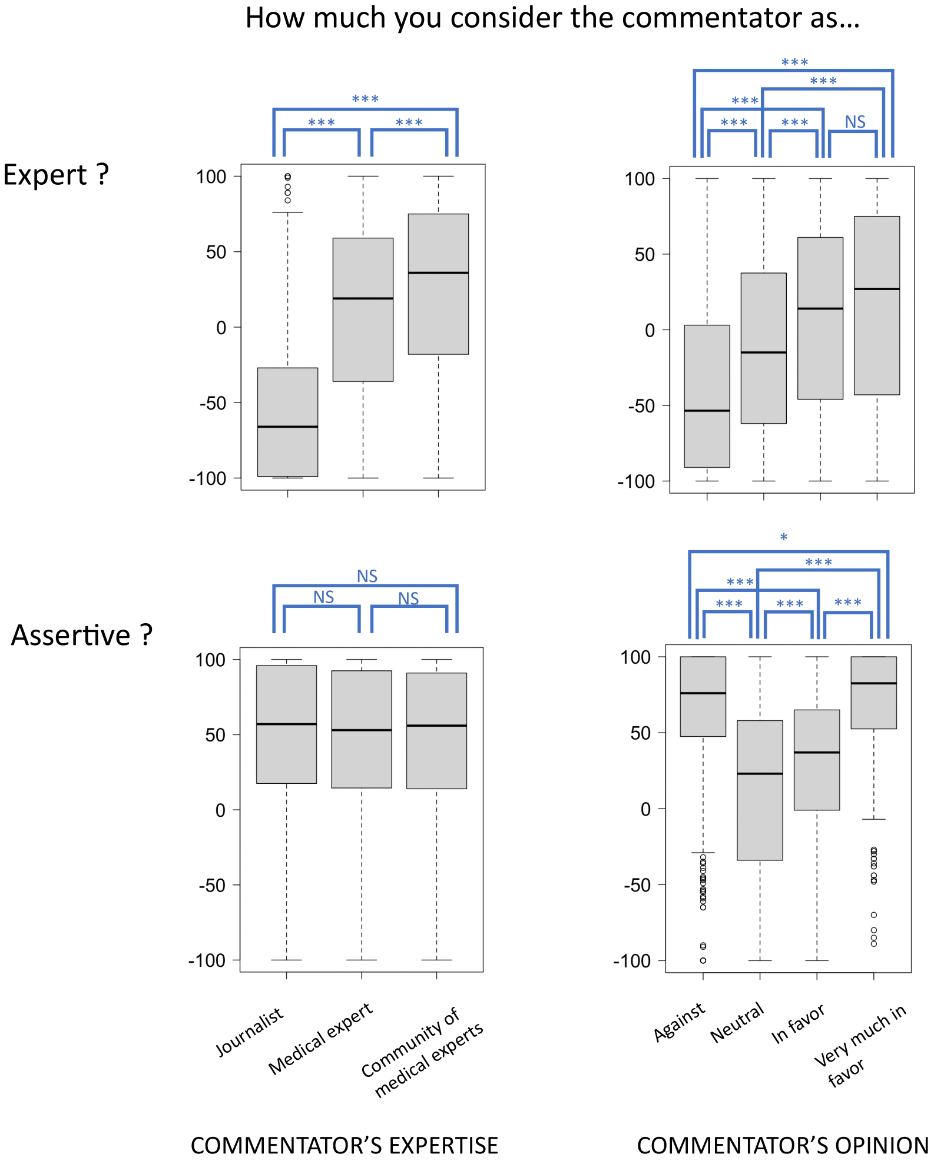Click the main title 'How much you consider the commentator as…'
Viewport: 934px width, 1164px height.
click(552, 18)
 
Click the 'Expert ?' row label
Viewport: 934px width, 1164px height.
click(56, 175)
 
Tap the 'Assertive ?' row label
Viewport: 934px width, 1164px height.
click(82, 636)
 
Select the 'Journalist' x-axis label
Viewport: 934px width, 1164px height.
click(250, 1032)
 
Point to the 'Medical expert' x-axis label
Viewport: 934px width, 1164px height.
click(320, 1038)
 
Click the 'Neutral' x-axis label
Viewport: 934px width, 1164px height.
click(737, 1023)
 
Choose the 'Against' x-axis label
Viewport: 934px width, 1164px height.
click(679, 1022)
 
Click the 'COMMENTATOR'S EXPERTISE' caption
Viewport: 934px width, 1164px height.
click(345, 1146)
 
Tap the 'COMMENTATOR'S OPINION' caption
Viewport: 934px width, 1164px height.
click(783, 1146)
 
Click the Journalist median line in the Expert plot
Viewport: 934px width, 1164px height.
click(287, 427)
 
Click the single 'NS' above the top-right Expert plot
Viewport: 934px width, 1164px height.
click(855, 122)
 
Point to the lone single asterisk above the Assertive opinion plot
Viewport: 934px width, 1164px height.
click(783, 537)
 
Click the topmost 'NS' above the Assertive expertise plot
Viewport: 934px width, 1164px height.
click(367, 576)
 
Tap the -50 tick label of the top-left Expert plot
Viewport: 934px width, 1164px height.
click(213, 404)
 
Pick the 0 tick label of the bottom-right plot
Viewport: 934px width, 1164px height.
click(645, 809)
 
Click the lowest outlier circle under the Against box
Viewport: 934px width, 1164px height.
click(703, 960)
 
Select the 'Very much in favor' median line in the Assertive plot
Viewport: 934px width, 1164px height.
click(873, 683)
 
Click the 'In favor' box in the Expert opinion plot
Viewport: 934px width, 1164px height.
click(820, 353)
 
